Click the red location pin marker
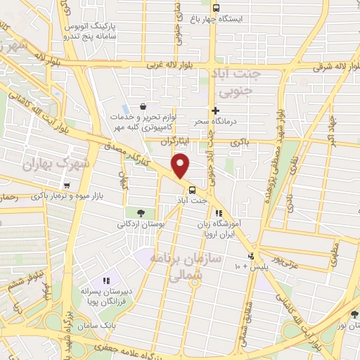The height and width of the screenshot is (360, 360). [181, 166]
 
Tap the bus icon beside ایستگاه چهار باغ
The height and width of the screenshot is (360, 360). [215, 8]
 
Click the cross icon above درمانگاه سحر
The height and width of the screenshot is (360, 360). [216, 110]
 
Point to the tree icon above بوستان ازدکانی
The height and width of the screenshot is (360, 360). [141, 212]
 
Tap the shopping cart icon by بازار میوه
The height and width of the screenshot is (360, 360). [66, 186]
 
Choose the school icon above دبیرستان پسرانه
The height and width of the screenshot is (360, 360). [108, 282]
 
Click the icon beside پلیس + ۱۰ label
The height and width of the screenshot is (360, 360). [252, 255]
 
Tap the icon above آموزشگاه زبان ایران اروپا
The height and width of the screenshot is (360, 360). [219, 212]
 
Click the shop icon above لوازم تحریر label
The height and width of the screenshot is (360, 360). [143, 106]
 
